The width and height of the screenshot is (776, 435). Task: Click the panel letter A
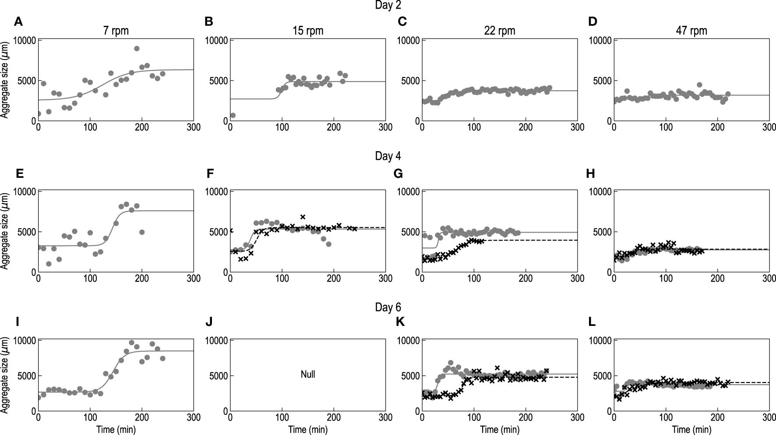click(18, 21)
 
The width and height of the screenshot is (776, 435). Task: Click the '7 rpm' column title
click(116, 31)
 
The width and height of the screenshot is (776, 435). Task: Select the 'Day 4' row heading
click(388, 156)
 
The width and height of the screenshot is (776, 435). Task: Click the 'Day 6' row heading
click(388, 308)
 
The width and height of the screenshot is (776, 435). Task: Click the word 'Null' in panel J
click(308, 375)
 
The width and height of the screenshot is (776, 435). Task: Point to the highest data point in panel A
click(137, 49)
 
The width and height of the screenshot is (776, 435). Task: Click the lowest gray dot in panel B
click(233, 116)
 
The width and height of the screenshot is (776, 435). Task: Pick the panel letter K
click(400, 322)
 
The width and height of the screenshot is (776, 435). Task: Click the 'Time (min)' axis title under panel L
click(691, 429)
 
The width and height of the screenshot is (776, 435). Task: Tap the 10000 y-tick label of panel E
click(24, 192)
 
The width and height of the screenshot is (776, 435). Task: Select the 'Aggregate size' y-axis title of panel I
click(5, 375)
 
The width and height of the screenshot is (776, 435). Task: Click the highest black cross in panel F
click(303, 217)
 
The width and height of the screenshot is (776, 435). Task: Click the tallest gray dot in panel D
click(699, 85)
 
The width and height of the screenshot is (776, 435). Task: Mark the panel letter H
click(591, 174)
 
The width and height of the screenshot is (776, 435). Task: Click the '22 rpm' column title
click(500, 31)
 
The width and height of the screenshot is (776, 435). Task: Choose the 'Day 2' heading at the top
click(388, 5)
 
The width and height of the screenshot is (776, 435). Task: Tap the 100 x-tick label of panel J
click(282, 417)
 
